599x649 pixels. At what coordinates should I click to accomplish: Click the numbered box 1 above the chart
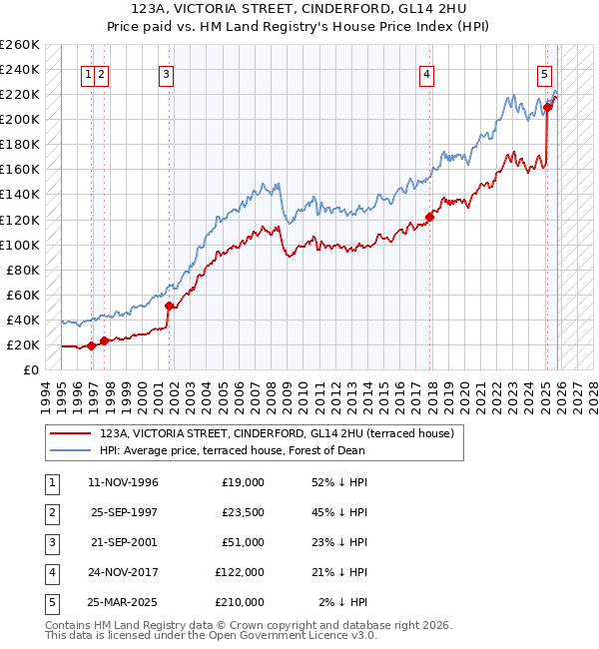click(x=89, y=73)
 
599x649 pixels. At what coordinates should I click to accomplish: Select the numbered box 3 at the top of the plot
click(x=166, y=73)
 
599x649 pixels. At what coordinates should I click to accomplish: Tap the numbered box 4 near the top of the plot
click(x=426, y=73)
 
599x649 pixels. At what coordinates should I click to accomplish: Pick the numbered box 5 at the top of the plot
click(x=544, y=73)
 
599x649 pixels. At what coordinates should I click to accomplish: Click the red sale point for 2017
click(x=430, y=217)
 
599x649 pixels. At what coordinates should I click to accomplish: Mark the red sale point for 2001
click(x=170, y=306)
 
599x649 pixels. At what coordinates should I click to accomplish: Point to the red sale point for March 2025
click(x=548, y=107)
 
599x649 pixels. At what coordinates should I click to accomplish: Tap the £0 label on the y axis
click(x=30, y=369)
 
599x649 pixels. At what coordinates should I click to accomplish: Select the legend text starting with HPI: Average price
click(x=232, y=450)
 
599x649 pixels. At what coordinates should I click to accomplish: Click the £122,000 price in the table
click(x=240, y=572)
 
